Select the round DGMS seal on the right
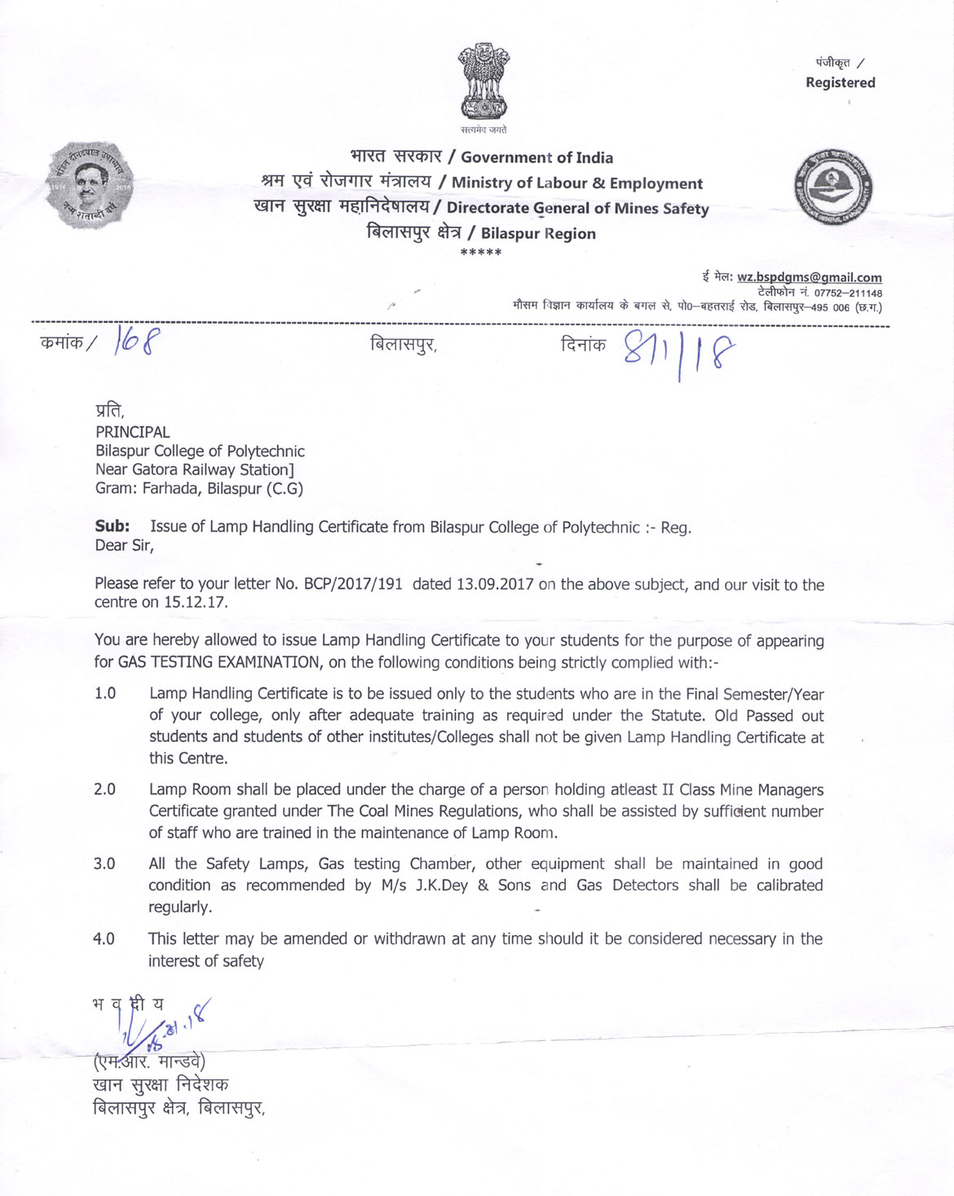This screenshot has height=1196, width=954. [833, 187]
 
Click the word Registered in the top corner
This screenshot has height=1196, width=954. [840, 82]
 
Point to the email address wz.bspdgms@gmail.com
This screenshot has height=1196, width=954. [809, 277]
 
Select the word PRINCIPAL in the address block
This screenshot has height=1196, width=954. [133, 432]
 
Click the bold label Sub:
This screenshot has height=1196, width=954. [112, 527]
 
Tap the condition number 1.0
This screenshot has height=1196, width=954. [105, 694]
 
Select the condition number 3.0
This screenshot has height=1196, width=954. [104, 864]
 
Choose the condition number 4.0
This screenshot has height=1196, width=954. [104, 939]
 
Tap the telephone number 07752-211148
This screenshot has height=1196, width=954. [848, 293]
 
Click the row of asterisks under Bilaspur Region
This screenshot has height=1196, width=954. [481, 253]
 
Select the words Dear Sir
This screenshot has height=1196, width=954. [124, 545]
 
